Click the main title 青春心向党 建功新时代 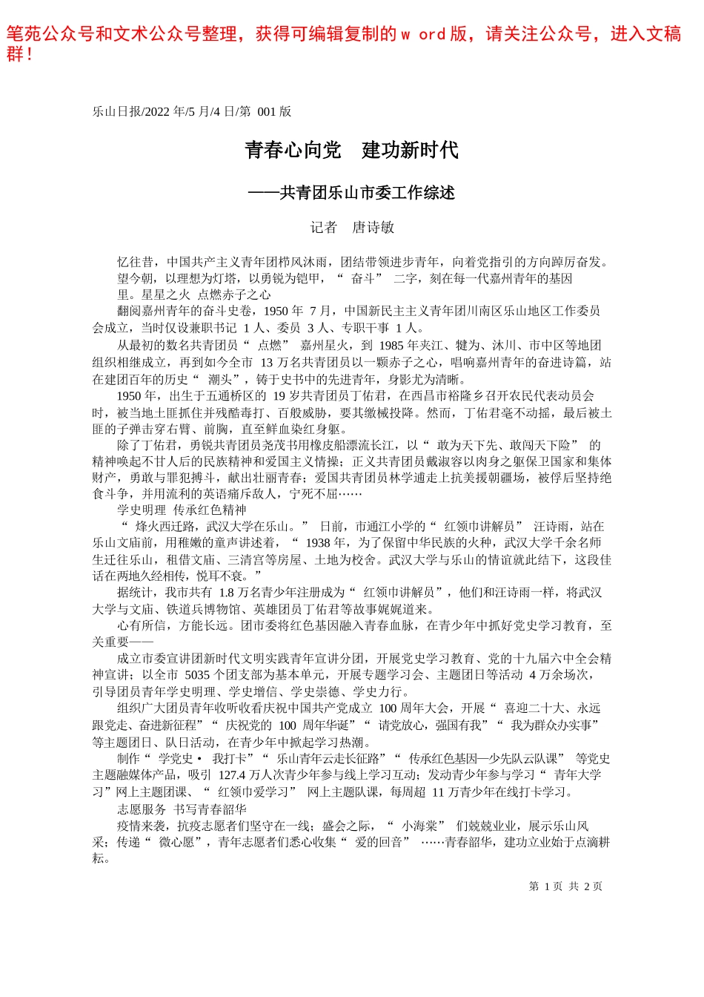pos(351,151)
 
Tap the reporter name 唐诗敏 pos(373,228)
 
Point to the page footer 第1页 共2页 pos(565,886)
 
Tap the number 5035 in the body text pos(197,675)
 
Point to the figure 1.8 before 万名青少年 pos(226,593)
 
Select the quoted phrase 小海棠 pos(419,826)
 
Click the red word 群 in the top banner pos(15,54)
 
